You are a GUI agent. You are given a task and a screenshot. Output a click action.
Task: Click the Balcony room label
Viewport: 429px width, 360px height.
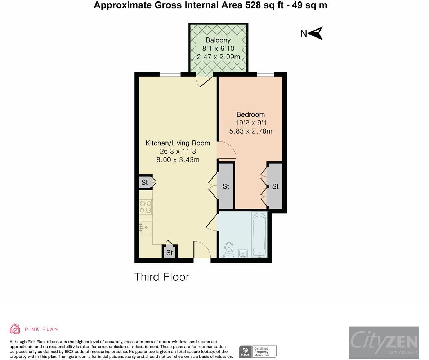(x=218, y=40)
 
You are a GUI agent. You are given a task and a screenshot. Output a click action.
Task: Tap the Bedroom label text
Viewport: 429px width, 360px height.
(x=251, y=114)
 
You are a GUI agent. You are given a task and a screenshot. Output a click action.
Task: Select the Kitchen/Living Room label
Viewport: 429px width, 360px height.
(x=178, y=143)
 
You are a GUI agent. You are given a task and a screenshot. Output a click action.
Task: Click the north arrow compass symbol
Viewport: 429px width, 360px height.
(x=316, y=33)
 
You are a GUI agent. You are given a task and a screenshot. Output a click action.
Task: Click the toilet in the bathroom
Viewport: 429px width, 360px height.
(x=229, y=250)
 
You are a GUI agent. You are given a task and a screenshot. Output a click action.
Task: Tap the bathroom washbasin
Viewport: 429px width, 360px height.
(x=243, y=254)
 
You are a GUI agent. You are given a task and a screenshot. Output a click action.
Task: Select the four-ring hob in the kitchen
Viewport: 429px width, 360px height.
(x=146, y=207)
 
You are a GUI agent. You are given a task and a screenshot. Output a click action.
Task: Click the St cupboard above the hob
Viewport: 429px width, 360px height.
(x=145, y=182)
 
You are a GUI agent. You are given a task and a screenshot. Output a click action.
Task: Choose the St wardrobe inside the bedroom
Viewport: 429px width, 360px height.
(x=275, y=186)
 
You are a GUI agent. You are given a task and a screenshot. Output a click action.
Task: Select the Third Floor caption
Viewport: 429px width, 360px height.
(x=162, y=277)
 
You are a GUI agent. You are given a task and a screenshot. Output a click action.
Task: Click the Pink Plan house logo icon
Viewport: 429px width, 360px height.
(x=15, y=329)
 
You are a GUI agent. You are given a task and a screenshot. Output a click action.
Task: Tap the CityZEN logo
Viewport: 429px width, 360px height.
(x=384, y=342)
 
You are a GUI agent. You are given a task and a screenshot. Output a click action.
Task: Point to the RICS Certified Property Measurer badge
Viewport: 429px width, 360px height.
(x=258, y=351)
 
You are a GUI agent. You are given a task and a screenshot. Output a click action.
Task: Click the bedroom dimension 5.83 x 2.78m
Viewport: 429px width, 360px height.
(x=251, y=131)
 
